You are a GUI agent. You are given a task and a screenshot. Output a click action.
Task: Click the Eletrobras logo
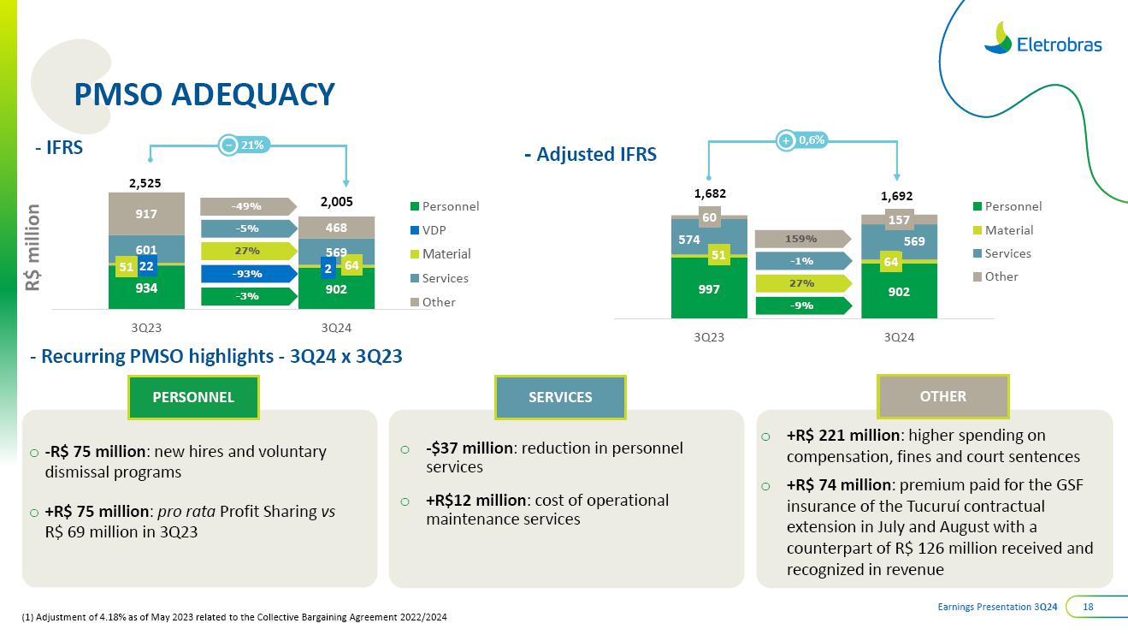point(1042,39)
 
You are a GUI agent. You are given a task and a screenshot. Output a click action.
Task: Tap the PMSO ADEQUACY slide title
point(204,94)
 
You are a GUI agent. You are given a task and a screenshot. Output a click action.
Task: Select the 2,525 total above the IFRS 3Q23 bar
point(145,182)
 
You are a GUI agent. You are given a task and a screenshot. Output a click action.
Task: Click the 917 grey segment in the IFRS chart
point(146,213)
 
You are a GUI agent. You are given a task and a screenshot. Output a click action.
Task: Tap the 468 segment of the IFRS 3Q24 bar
point(336,227)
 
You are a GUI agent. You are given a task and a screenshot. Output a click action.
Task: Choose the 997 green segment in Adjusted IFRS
point(709,288)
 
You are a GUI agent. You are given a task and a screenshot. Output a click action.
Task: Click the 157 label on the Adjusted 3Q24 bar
point(899,220)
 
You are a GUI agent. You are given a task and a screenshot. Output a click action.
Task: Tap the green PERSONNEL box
point(193,397)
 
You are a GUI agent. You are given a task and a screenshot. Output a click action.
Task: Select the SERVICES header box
point(560,397)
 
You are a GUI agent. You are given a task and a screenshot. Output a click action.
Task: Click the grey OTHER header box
point(943,396)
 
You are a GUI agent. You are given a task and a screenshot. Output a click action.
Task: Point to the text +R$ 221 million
point(842,436)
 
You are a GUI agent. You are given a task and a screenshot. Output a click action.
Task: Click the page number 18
point(1089,607)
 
